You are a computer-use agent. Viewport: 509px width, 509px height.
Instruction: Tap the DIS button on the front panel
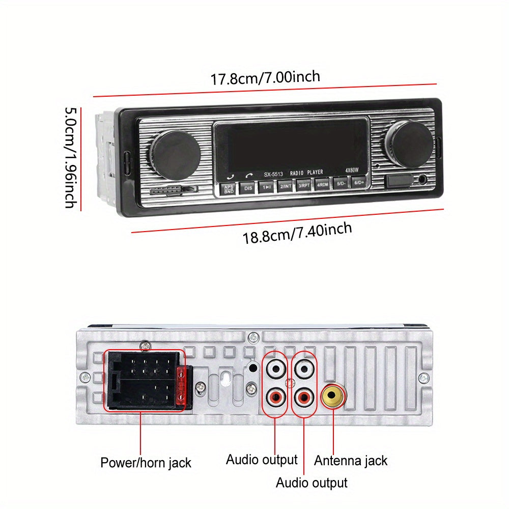pyautogui.click(x=248, y=188)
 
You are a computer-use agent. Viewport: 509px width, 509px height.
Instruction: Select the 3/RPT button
pyautogui.click(x=304, y=185)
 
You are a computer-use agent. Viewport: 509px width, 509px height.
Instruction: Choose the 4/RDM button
pyautogui.click(x=322, y=184)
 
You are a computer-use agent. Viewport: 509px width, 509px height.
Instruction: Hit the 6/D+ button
pyautogui.click(x=359, y=182)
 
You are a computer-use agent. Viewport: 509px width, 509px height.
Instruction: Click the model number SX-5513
pyautogui.click(x=273, y=174)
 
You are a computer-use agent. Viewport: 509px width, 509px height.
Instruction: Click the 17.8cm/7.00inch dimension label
pyautogui.click(x=265, y=78)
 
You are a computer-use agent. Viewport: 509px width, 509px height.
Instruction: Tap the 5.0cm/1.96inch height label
pyautogui.click(x=71, y=157)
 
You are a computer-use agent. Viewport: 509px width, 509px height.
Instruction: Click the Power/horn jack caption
pyautogui.click(x=146, y=463)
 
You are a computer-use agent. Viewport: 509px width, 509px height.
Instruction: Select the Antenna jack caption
pyautogui.click(x=350, y=461)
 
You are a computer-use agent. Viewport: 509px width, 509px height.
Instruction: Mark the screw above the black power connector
pyautogui.click(x=147, y=346)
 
